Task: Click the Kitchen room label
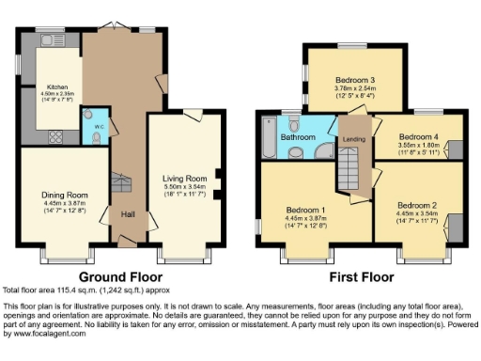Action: (x=52, y=86)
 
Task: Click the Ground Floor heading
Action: (x=120, y=276)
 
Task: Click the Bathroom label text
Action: (x=299, y=136)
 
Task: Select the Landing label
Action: (x=353, y=140)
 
